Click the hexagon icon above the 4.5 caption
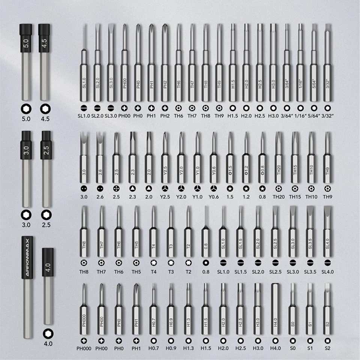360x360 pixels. click(x=45, y=108)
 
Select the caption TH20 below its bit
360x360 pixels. click(x=278, y=196)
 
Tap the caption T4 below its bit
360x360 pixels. click(x=153, y=271)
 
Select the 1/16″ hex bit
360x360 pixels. click(x=300, y=67)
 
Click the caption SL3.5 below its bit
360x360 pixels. click(x=310, y=271)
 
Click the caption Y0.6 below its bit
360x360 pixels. click(x=213, y=196)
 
